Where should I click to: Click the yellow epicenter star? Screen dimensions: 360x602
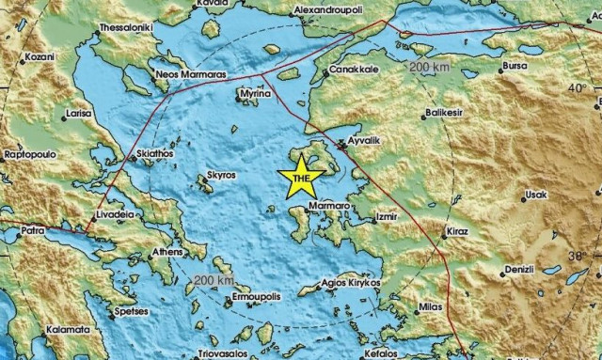(x=300, y=179)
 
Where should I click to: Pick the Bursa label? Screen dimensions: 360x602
(x=516, y=67)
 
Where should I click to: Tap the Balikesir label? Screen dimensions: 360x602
(x=445, y=112)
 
